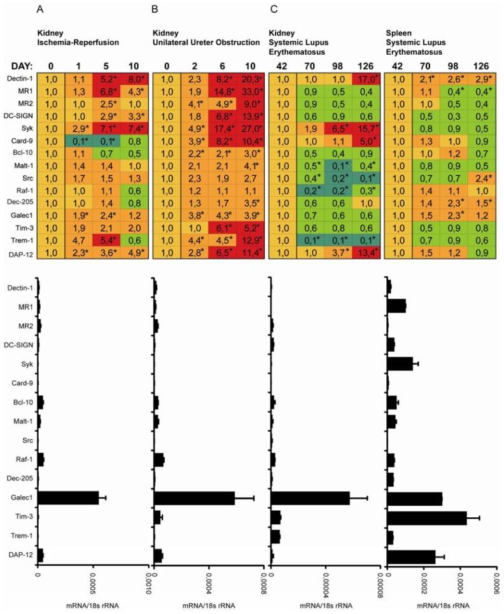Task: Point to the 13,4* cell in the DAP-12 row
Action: tap(365, 254)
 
